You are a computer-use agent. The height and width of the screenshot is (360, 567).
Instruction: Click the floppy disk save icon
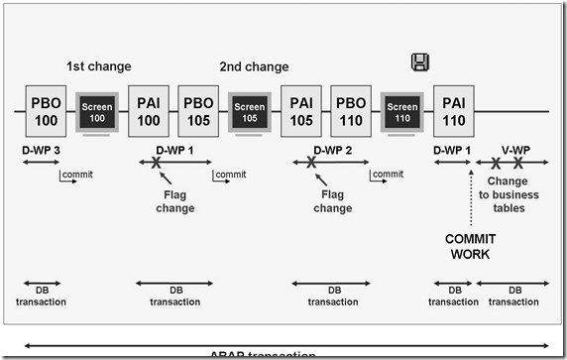[419, 62]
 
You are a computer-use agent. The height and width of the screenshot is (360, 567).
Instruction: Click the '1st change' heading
[97, 67]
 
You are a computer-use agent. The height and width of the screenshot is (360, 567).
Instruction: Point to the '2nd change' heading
[254, 67]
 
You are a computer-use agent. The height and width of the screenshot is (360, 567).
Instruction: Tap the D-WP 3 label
[42, 149]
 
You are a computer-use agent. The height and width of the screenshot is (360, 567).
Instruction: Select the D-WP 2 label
[333, 149]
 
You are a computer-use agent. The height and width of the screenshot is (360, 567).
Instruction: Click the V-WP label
[515, 149]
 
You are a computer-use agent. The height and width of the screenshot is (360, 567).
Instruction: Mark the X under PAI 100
[156, 163]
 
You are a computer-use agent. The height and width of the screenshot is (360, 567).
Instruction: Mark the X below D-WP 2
[311, 163]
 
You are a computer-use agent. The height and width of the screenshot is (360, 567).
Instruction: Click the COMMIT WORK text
[470, 247]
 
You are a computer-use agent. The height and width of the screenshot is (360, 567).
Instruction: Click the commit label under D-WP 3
[77, 175]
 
